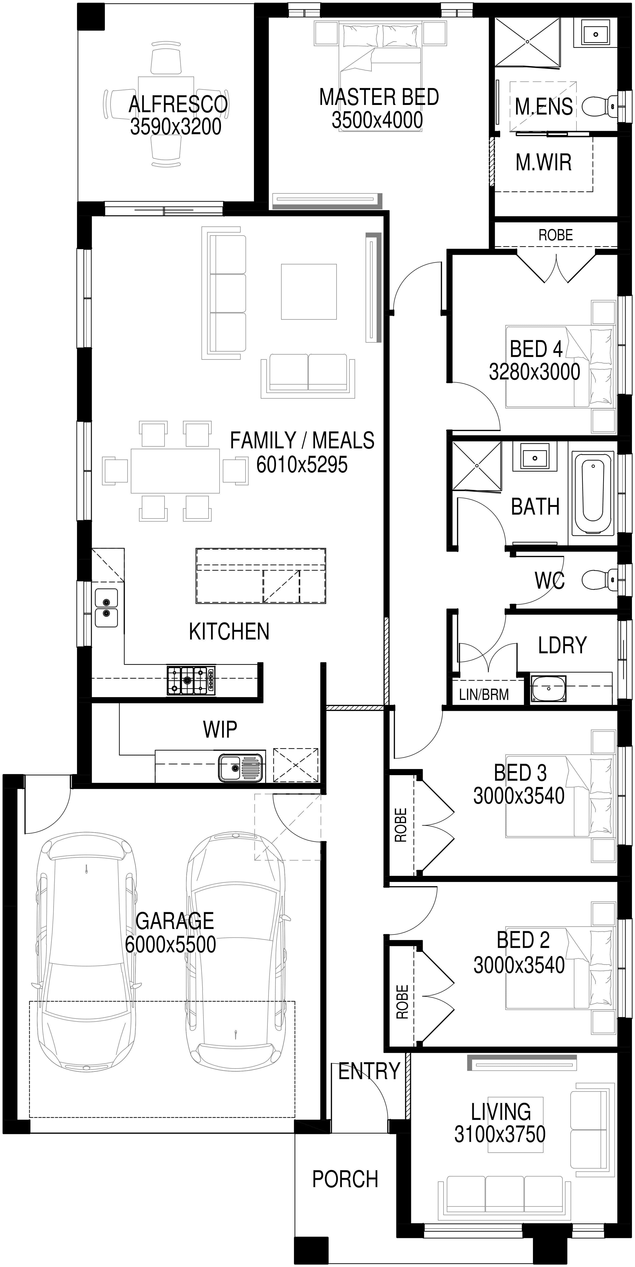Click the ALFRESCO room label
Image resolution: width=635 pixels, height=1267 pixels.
178,104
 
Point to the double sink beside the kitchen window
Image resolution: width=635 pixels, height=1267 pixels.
106,608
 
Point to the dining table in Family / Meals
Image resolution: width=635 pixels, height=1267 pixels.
175,470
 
